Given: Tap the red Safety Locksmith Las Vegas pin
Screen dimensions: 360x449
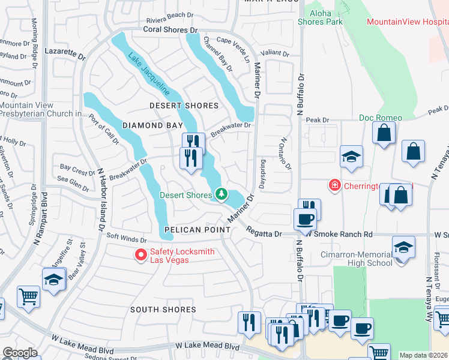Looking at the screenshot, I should click(141, 256).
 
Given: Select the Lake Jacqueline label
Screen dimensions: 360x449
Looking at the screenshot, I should click(148, 76).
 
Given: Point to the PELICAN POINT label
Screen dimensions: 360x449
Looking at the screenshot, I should click(196, 230).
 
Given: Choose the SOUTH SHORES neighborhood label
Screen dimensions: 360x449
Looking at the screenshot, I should click(163, 310).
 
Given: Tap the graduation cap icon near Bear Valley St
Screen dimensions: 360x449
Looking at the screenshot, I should click(53, 279).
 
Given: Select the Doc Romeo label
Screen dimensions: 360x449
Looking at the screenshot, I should click(381, 118).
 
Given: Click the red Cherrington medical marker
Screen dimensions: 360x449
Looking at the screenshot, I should click(334, 186).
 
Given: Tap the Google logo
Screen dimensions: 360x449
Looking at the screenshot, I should click(20, 353).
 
